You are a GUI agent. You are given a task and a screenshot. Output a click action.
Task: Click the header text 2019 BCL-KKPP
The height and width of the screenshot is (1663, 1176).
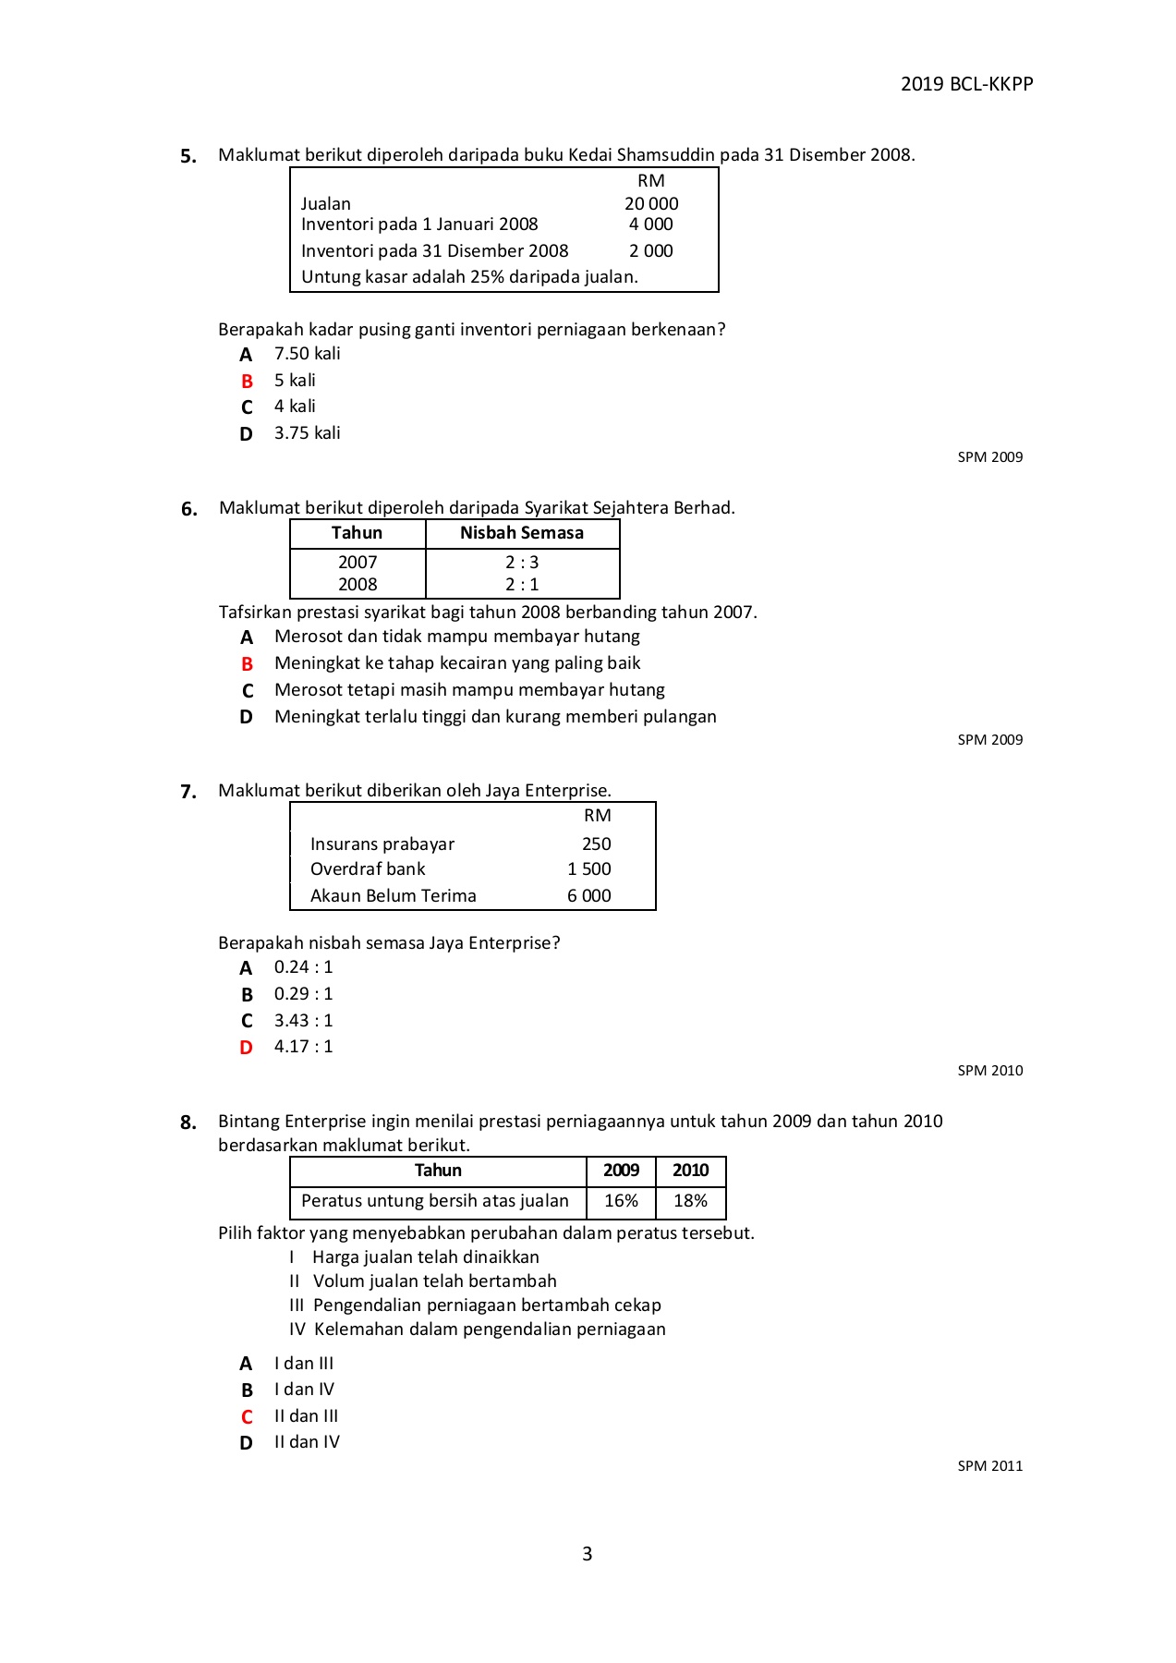966,84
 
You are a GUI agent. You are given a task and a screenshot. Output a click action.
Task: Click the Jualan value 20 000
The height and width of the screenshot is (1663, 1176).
651,203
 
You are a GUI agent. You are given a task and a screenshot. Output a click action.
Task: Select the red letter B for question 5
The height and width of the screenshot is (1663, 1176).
247,381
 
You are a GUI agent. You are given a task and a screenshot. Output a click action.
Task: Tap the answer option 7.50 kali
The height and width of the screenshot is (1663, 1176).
307,354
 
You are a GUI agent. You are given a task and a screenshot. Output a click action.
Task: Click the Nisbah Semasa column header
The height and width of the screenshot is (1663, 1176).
522,533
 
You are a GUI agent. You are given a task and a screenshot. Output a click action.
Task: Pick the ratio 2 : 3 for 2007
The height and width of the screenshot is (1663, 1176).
522,562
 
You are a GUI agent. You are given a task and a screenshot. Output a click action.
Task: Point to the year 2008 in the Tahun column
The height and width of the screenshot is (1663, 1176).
358,584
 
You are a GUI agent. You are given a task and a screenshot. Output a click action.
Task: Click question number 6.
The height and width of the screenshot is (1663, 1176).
189,509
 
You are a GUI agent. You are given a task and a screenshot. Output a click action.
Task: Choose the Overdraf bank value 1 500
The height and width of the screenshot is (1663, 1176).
589,868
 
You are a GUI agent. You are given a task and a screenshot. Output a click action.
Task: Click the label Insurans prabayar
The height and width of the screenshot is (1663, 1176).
382,844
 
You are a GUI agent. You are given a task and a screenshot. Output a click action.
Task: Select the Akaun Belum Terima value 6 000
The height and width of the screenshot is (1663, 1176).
589,895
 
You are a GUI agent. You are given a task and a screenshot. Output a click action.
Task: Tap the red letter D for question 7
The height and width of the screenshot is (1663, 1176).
246,1048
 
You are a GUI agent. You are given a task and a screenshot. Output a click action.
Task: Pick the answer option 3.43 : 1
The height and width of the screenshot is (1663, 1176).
303,1020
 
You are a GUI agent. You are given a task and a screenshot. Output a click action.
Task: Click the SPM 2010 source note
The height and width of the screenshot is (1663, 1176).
990,1071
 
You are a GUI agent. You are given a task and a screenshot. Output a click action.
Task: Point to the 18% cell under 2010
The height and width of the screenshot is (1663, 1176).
690,1201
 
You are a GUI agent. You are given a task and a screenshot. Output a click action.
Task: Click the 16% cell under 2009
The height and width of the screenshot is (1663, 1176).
621,1201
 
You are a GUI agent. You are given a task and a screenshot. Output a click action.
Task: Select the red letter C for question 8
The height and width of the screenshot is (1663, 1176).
247,1416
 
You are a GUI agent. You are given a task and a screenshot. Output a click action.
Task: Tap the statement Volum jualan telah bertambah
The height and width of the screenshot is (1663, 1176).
434,1281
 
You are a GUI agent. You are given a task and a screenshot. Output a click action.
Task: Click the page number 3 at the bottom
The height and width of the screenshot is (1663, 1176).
588,1554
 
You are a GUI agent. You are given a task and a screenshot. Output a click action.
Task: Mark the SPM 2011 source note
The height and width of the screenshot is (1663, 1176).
990,1466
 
